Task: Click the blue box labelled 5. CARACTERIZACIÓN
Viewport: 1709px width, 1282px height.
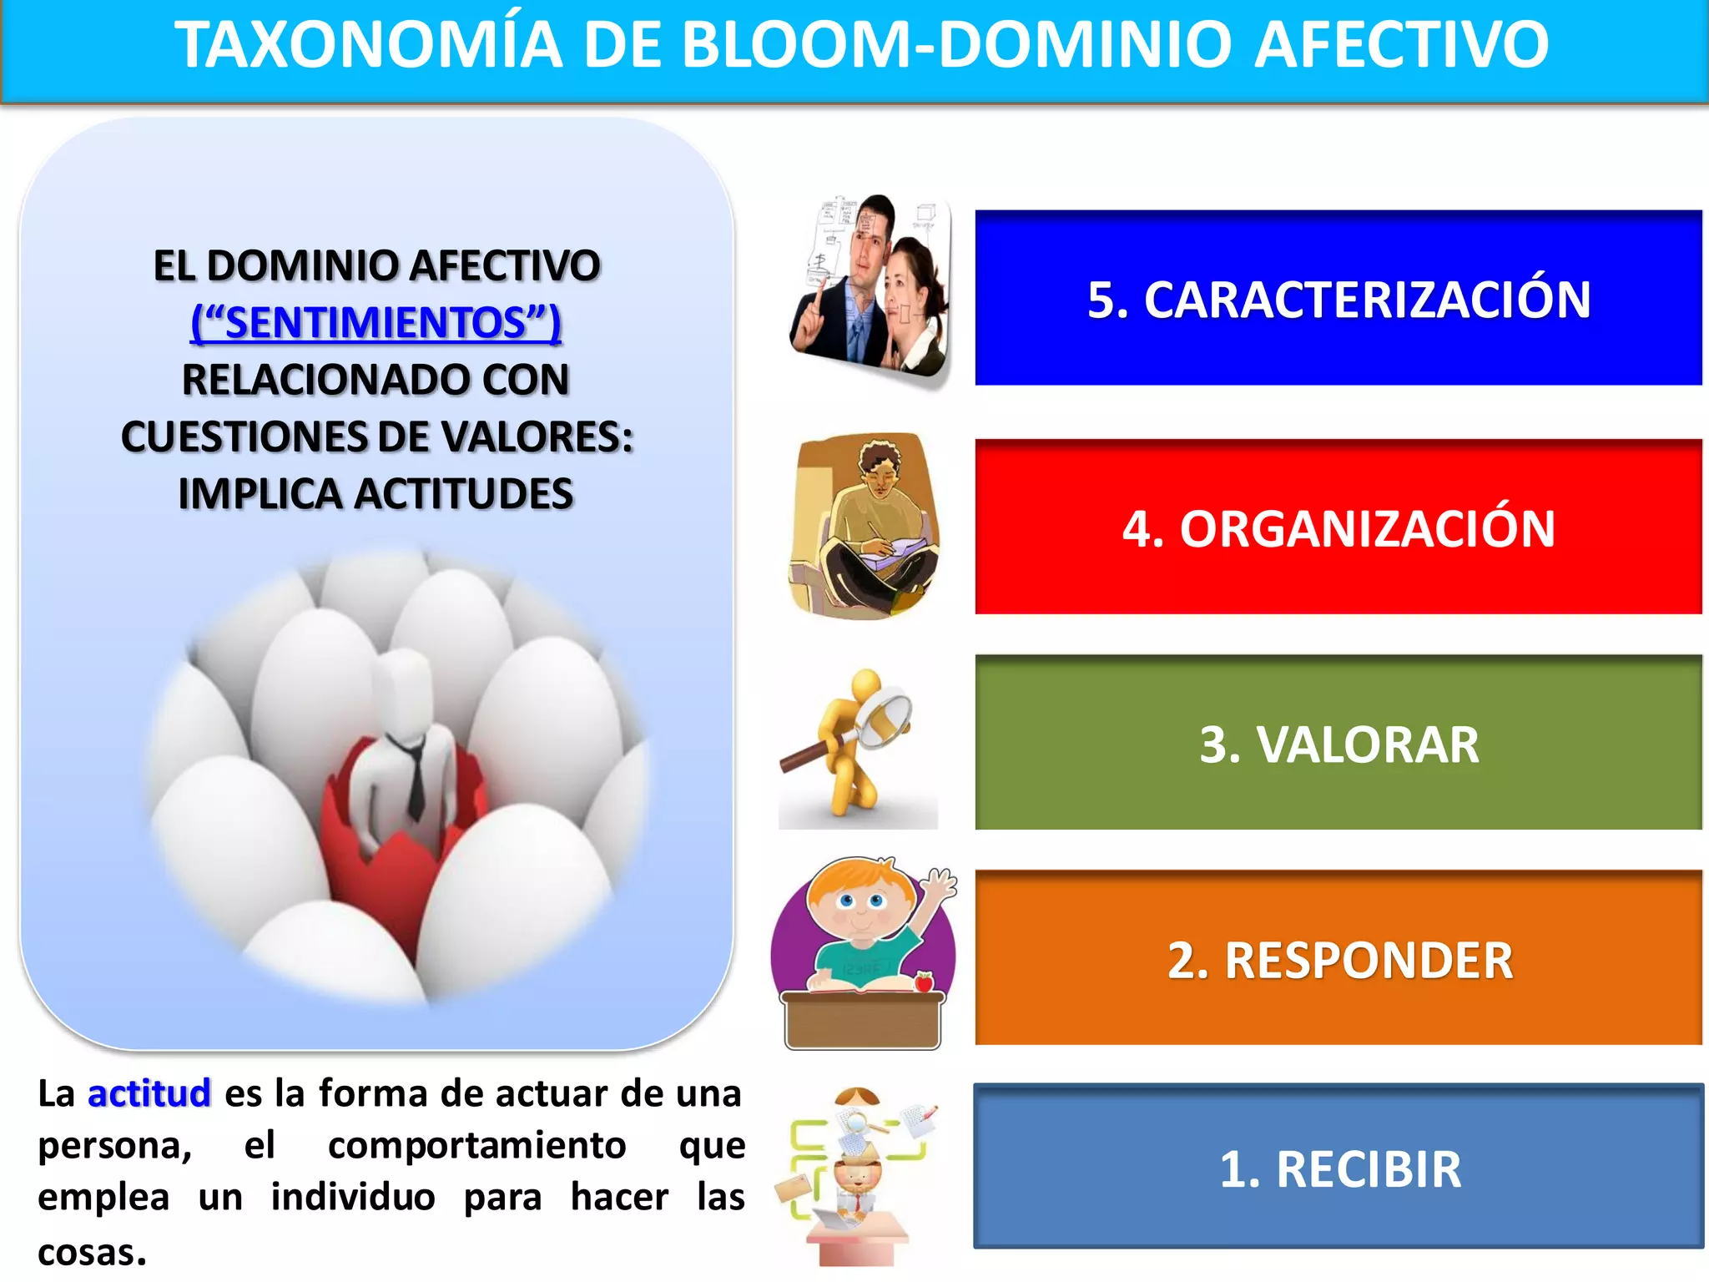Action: [x=1338, y=298]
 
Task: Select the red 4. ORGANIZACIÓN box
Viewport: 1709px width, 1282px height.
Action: [x=1338, y=527]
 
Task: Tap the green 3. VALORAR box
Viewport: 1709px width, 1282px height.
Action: [x=1338, y=743]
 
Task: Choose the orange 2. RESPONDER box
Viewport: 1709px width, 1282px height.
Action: [x=1338, y=958]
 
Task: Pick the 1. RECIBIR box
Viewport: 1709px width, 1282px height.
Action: [x=1338, y=1167]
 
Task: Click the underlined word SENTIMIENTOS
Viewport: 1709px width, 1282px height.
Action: [x=376, y=323]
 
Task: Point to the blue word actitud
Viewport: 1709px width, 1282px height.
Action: [x=149, y=1093]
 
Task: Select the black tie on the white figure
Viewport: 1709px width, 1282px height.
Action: [x=415, y=776]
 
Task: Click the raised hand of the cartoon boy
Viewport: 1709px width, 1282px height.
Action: [x=941, y=883]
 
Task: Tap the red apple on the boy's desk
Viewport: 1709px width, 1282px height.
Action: [x=924, y=982]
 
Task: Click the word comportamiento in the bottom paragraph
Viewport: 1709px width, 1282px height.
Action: [x=476, y=1145]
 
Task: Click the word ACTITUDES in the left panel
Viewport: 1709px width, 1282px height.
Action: [x=463, y=494]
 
